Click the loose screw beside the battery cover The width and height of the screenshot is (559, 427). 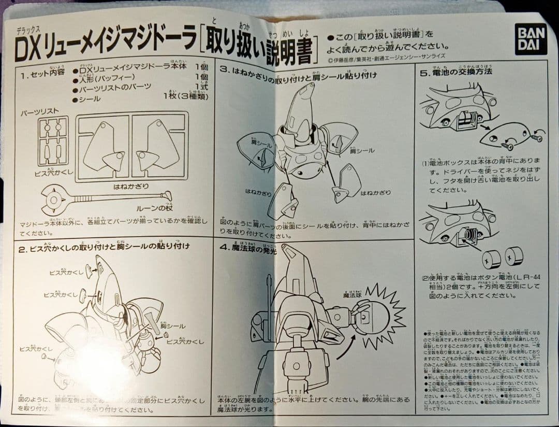pyautogui.click(x=535, y=138)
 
